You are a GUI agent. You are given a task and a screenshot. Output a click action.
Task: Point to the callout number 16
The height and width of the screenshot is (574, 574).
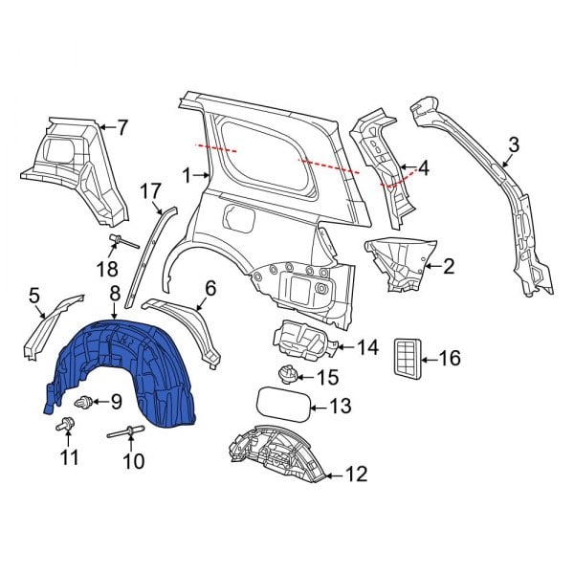450,359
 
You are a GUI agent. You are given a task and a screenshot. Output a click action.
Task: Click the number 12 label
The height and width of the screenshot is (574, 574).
356,472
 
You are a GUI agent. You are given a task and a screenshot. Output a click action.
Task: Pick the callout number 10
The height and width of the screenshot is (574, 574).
134,462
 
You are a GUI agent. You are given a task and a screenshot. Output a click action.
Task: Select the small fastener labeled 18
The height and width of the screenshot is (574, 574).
121,240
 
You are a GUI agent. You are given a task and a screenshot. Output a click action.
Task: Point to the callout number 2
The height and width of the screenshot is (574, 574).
447,266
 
